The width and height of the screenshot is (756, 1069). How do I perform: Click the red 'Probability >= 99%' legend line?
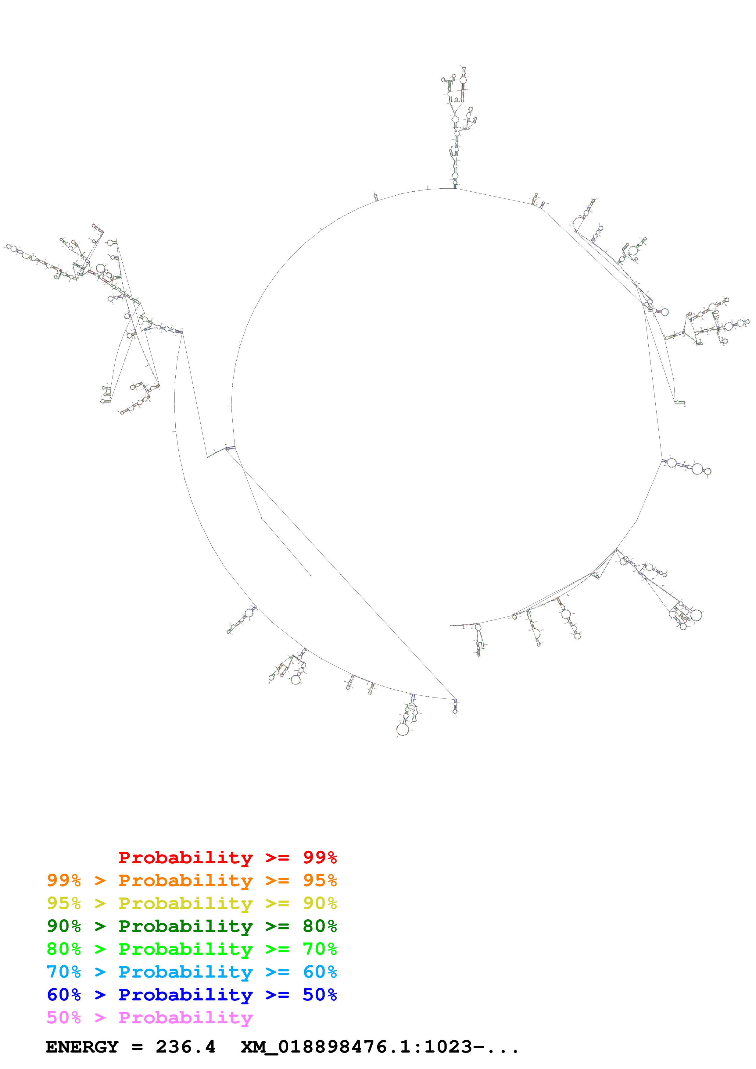pos(227,858)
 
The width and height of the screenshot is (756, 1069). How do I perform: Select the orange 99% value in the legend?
pos(64,880)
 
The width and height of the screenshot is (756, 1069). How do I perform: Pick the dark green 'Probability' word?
pos(185,926)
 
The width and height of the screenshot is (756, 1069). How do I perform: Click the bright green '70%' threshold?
pos(320,949)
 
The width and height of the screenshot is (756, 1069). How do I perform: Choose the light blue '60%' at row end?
pos(320,972)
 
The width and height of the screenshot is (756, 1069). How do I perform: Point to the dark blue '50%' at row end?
pos(320,995)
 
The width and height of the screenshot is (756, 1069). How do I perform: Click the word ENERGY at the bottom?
pos(82,1047)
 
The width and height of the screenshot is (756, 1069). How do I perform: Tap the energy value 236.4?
pos(185,1047)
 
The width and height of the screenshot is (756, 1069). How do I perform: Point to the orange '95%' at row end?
pos(320,880)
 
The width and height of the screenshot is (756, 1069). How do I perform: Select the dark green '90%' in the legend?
pos(64,926)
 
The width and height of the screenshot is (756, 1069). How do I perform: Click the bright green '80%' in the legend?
pos(64,949)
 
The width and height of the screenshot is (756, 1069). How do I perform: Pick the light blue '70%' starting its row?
pos(64,972)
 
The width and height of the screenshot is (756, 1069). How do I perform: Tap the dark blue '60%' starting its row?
pos(64,995)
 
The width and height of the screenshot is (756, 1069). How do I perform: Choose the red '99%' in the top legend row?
pos(320,858)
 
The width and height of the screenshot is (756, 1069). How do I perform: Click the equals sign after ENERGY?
pos(137,1047)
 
